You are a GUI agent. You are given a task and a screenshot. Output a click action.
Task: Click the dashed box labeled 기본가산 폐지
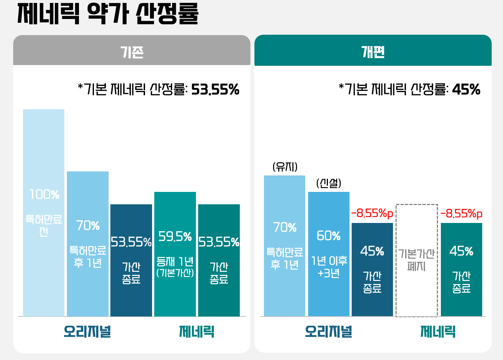coord(417,260)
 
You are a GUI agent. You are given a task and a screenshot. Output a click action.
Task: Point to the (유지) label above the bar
coord(285,167)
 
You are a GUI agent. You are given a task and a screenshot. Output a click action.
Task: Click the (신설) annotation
coord(329,183)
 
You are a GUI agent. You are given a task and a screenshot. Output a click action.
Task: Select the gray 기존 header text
coord(132,52)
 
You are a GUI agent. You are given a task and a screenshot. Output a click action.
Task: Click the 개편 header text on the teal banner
coord(373,52)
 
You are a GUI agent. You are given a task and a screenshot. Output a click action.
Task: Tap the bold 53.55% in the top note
coord(215,90)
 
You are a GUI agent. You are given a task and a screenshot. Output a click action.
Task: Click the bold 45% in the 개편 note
coord(466,90)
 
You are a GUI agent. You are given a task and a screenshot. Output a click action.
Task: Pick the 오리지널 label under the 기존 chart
coord(87,332)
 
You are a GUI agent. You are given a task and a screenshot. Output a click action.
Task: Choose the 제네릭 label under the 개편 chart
coord(438,332)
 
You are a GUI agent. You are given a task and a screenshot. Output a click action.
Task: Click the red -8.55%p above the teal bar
coord(461,213)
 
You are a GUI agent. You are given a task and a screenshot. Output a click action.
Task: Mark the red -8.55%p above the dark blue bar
coord(372,213)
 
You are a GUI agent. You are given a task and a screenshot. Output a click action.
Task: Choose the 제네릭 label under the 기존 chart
coord(197,332)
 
